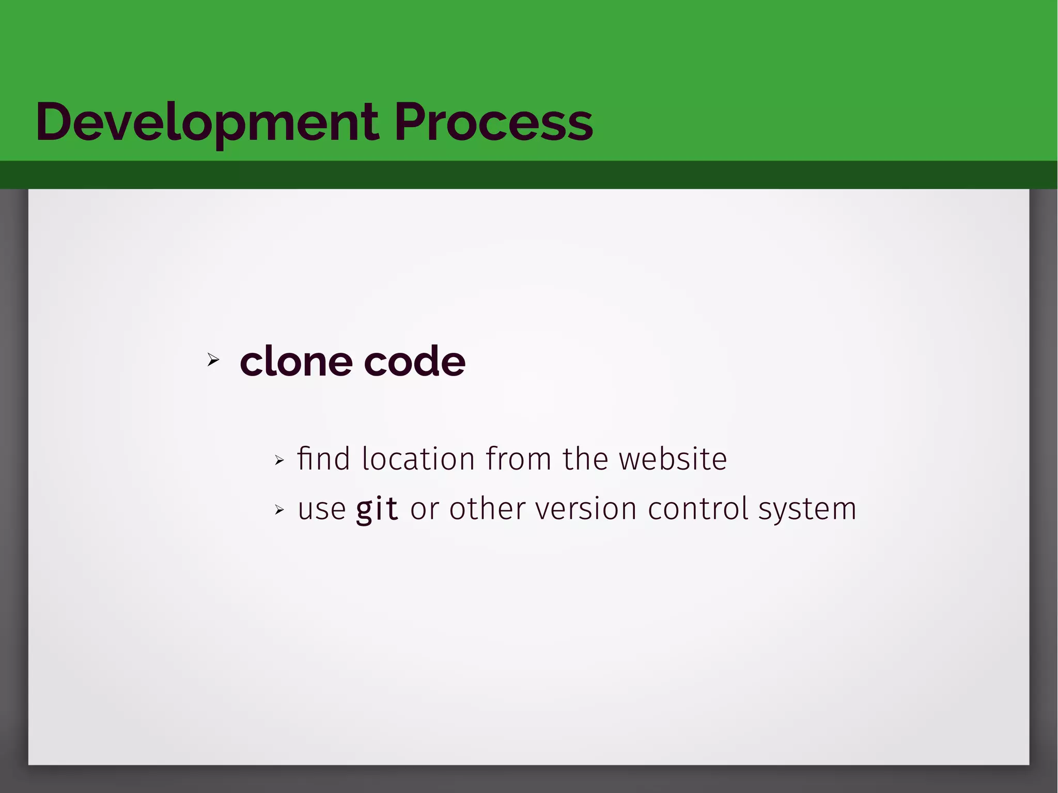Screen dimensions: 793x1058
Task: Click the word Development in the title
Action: (x=207, y=122)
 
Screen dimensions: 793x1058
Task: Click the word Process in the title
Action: (x=493, y=122)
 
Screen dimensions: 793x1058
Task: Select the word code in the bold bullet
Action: (x=414, y=362)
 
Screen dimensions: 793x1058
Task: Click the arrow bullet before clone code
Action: (x=213, y=360)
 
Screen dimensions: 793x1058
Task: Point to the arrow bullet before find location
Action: (x=279, y=460)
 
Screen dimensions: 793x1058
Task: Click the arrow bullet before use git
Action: (x=279, y=510)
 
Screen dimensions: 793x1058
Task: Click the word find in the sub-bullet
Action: (x=323, y=459)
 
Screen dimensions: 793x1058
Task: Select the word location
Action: (x=418, y=459)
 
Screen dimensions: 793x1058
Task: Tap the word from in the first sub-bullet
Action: (x=518, y=459)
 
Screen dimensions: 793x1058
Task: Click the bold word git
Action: (x=377, y=509)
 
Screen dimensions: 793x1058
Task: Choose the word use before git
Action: (x=321, y=509)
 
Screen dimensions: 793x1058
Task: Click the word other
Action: (x=487, y=509)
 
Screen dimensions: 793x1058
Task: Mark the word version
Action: (x=586, y=509)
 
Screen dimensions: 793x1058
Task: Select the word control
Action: (x=698, y=509)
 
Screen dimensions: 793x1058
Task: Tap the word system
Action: (x=807, y=509)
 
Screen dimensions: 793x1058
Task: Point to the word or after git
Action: (x=424, y=509)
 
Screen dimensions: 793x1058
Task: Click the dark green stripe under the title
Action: (x=529, y=175)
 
